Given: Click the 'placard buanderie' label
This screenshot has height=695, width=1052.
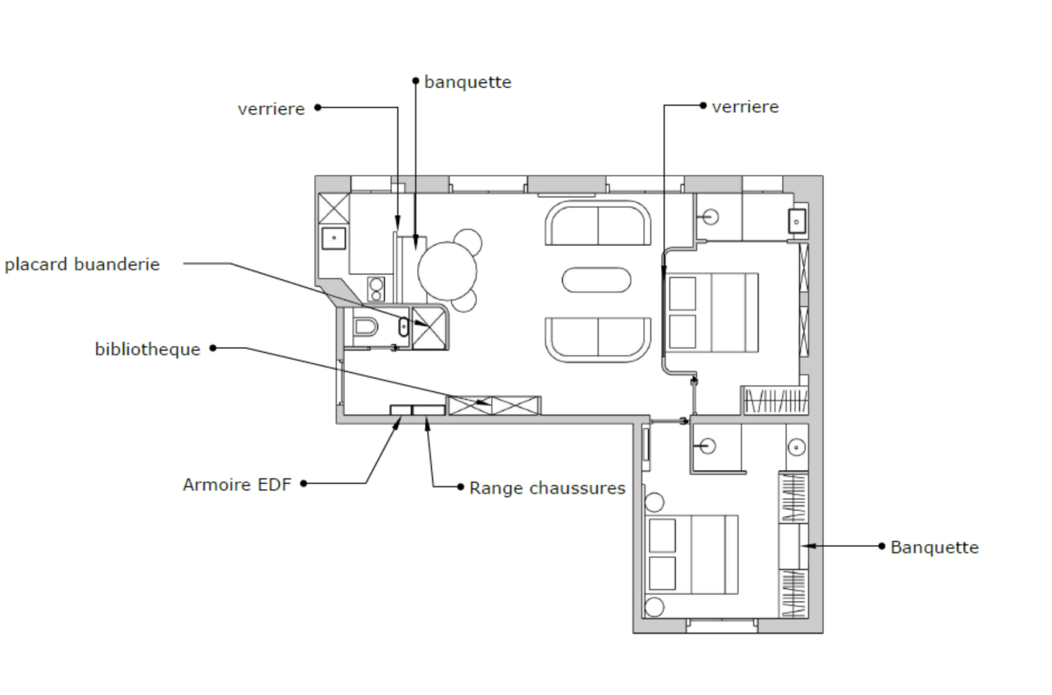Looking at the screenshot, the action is click(x=82, y=264).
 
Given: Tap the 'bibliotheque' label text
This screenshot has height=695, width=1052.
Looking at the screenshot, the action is click(x=147, y=349).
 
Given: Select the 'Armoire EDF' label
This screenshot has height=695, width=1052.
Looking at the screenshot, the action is click(x=237, y=485).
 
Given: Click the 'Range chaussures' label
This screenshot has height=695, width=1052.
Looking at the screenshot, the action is click(x=547, y=488).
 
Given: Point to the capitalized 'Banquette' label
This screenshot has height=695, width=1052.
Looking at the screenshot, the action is click(x=935, y=548).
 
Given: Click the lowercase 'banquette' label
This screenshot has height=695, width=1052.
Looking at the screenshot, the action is click(x=468, y=82).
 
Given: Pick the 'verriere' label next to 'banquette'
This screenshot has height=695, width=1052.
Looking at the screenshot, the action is click(x=272, y=109).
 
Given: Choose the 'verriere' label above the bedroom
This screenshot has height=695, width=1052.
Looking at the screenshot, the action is click(x=746, y=107).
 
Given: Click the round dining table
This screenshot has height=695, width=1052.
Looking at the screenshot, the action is click(x=447, y=271).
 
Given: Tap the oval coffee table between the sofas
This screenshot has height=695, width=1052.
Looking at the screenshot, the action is click(x=596, y=280).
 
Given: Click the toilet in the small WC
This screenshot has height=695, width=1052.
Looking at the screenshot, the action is click(x=364, y=326).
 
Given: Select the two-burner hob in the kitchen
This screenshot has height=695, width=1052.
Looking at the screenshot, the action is click(x=376, y=289).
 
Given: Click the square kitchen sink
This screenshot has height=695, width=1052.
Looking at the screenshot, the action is click(x=334, y=238).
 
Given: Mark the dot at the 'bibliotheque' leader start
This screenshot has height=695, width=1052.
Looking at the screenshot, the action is click(x=212, y=348).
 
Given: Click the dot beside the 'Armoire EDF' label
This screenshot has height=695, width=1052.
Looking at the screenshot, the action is click(x=303, y=483).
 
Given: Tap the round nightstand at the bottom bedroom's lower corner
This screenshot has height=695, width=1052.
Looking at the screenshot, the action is click(x=654, y=607).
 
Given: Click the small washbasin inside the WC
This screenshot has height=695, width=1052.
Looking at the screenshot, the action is click(x=404, y=327).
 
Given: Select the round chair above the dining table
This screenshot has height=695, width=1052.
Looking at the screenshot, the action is click(x=468, y=241).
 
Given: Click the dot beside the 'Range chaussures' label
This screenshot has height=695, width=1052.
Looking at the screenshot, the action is click(x=461, y=486).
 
